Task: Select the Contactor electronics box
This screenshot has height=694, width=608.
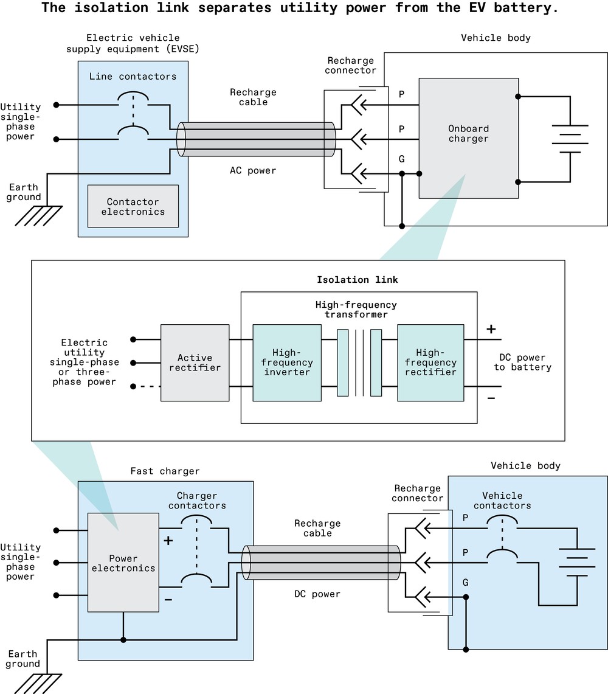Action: click(133, 207)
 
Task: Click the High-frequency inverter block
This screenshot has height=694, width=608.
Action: click(287, 363)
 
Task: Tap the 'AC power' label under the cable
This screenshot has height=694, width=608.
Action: click(253, 170)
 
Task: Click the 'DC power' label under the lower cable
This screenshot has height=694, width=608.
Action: click(317, 594)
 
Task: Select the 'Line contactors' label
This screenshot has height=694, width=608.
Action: click(133, 76)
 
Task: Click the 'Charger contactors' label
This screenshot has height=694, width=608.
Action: click(197, 501)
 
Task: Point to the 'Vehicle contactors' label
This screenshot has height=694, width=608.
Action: click(502, 501)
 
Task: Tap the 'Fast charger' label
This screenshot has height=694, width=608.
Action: click(165, 471)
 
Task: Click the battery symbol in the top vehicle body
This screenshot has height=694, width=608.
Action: click(570, 139)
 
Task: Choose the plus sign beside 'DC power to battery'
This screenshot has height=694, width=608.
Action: click(491, 329)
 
